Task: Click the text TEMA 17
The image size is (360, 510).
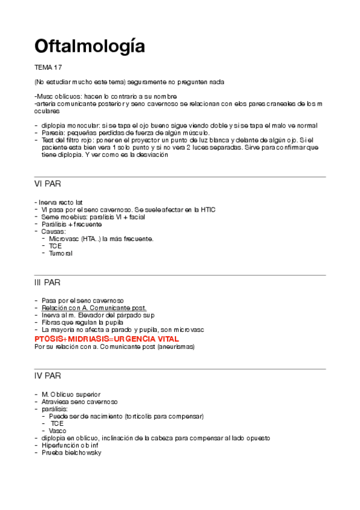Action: [49, 67]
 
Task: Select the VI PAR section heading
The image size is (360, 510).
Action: [47, 183]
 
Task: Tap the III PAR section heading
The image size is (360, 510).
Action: [47, 281]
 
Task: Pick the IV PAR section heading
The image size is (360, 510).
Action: [48, 376]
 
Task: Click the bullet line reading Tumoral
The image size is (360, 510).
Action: [61, 253]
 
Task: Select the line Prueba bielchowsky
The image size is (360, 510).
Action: [72, 452]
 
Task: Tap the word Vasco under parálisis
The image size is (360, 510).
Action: [58, 431]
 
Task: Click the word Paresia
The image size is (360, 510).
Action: [53, 132]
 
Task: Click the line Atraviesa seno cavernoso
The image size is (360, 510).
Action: [79, 401]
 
